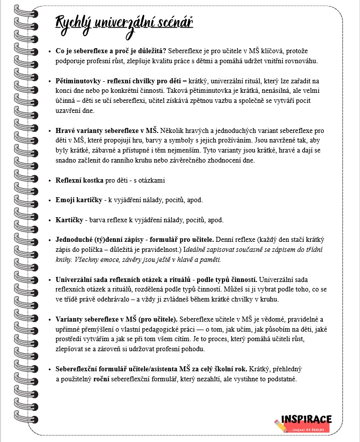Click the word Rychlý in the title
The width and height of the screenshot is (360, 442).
[71, 23]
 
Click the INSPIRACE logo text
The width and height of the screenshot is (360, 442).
[306, 419]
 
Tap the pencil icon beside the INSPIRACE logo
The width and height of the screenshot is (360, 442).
[280, 424]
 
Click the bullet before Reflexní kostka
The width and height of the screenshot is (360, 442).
[49, 180]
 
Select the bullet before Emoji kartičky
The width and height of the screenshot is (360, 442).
[49, 200]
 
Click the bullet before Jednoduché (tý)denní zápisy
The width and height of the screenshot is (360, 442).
[49, 240]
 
